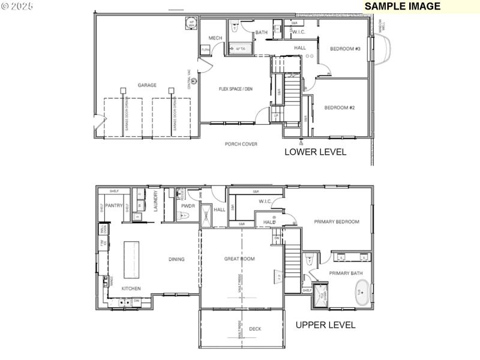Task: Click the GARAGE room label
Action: tap(147, 85)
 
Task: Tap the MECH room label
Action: tap(215, 38)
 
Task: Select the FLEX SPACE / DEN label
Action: tap(236, 89)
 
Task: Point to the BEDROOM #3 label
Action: tap(345, 49)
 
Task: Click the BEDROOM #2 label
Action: tap(340, 108)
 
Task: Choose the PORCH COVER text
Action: tap(241, 144)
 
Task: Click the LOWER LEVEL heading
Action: tap(315, 152)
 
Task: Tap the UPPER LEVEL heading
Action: tap(326, 325)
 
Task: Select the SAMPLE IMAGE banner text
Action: tap(403, 7)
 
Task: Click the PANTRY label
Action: tap(113, 205)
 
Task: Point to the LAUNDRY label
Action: tap(155, 202)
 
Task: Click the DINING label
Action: tap(176, 259)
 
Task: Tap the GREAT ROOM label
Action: tap(239, 259)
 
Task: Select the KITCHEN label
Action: tap(131, 289)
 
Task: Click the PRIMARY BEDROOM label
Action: tap(337, 222)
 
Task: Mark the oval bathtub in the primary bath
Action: tap(362, 295)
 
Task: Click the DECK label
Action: tap(255, 329)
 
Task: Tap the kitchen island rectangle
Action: tap(131, 259)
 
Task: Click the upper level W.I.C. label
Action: tap(266, 202)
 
